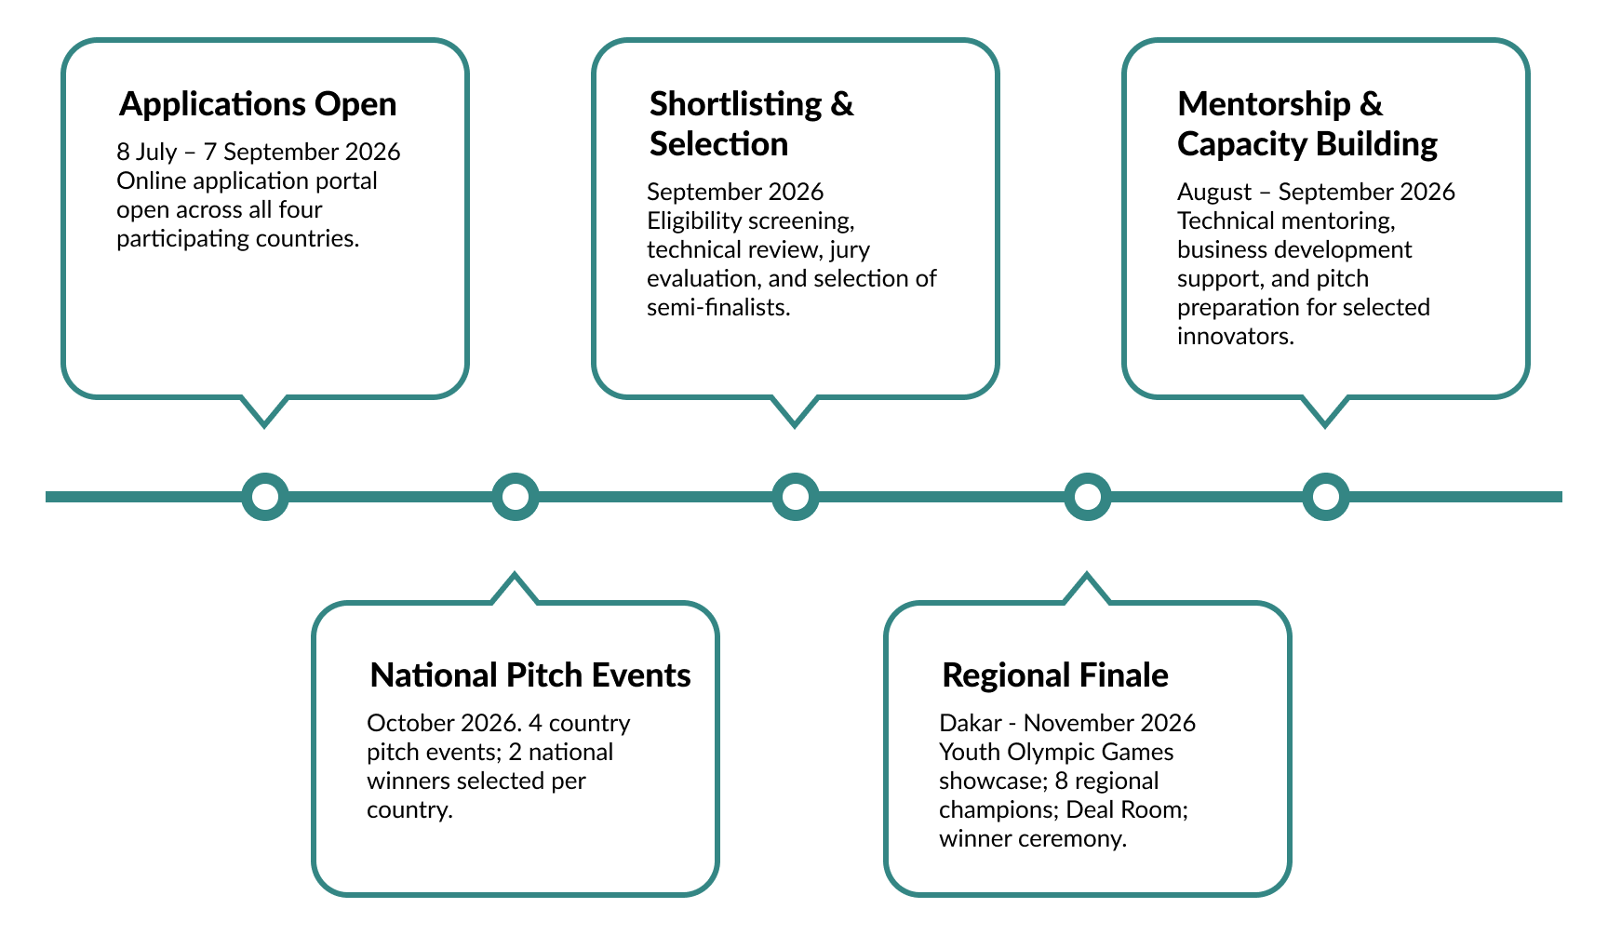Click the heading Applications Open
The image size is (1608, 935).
pos(258,104)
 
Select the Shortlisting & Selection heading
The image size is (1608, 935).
pos(751,124)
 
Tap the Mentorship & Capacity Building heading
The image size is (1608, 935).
pos(1307,124)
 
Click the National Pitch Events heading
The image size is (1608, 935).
pos(530,675)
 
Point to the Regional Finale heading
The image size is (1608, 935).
pos(1055,675)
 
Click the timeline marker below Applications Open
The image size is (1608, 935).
pos(265,497)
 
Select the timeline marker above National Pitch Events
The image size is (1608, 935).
pos(516,497)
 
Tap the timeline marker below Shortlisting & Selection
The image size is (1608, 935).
pos(796,497)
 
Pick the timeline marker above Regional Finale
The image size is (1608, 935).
pos(1087,497)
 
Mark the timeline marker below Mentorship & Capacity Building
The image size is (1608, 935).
pos(1325,497)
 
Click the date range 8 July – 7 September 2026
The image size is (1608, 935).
pos(259,152)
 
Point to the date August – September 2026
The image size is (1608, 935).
pos(1316,192)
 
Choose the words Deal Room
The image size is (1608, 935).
pos(1127,809)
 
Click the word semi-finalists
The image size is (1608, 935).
pos(718,307)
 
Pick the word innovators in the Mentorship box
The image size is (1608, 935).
pos(1236,336)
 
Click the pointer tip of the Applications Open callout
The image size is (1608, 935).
pos(264,426)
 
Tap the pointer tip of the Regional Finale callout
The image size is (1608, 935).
pos(1086,574)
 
